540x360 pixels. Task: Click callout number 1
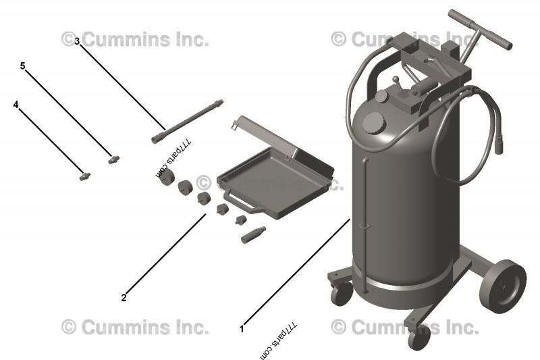(x=242, y=329)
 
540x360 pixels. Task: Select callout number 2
(x=124, y=297)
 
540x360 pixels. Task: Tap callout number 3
(x=77, y=41)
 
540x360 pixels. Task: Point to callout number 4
(x=16, y=105)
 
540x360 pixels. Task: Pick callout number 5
(x=22, y=66)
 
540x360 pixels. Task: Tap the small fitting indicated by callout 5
(x=113, y=159)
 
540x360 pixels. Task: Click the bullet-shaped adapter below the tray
(x=252, y=235)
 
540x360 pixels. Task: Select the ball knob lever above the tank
(x=396, y=80)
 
